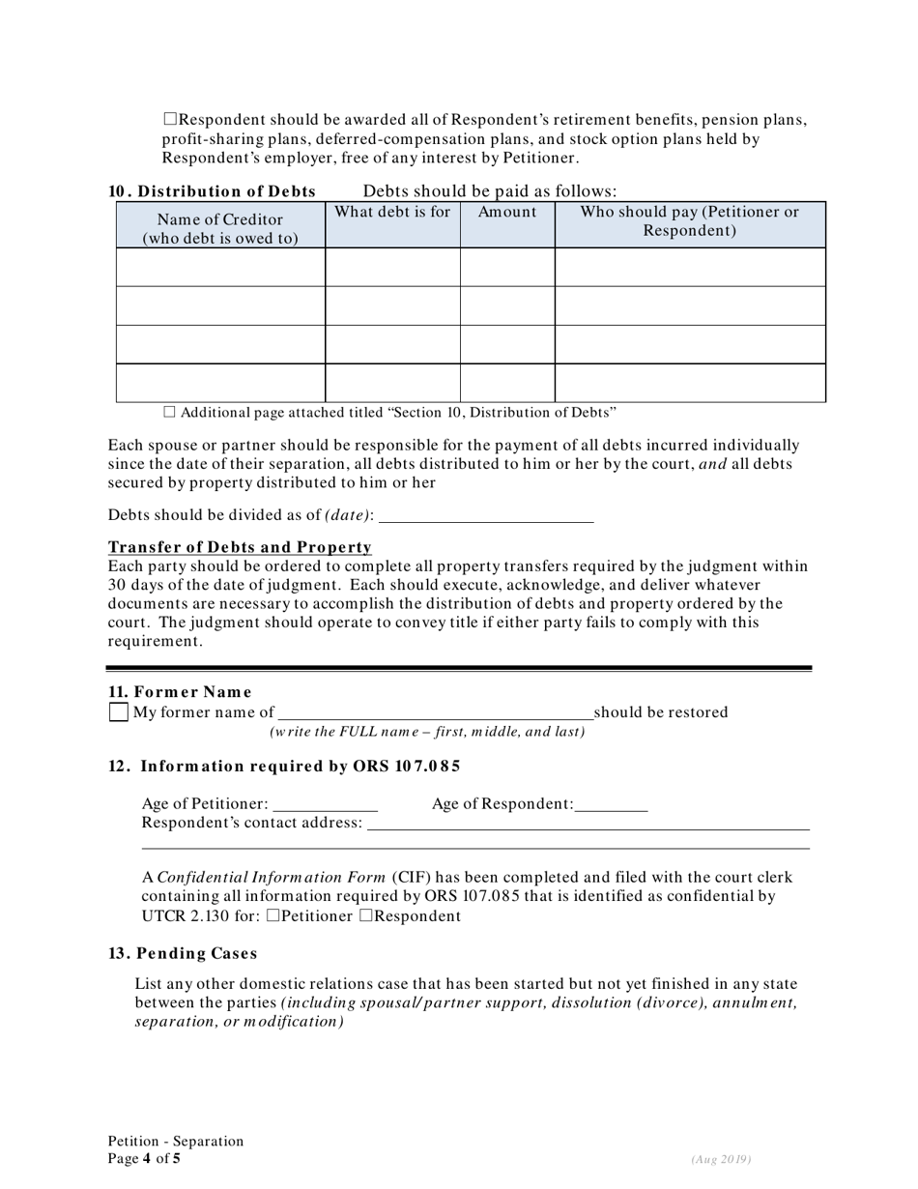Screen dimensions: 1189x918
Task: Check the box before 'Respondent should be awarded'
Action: tap(170, 120)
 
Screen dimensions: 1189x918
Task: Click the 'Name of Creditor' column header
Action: tap(220, 228)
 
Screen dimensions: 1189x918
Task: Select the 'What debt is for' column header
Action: tap(392, 212)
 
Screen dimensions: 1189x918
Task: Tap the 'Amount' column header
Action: tap(507, 212)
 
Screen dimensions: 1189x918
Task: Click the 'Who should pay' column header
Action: tap(689, 221)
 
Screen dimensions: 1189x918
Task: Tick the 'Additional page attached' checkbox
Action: tap(170, 412)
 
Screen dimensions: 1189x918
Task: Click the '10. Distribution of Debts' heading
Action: tap(212, 191)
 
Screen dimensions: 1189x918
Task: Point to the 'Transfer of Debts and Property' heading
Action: tap(240, 547)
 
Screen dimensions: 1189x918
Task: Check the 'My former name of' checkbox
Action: tap(118, 712)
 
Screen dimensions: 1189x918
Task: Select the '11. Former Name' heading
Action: tap(180, 691)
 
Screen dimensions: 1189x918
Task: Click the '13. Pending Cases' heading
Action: tap(183, 953)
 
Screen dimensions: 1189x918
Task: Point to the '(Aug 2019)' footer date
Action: tap(721, 1159)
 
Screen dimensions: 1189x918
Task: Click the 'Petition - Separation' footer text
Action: tap(176, 1141)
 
